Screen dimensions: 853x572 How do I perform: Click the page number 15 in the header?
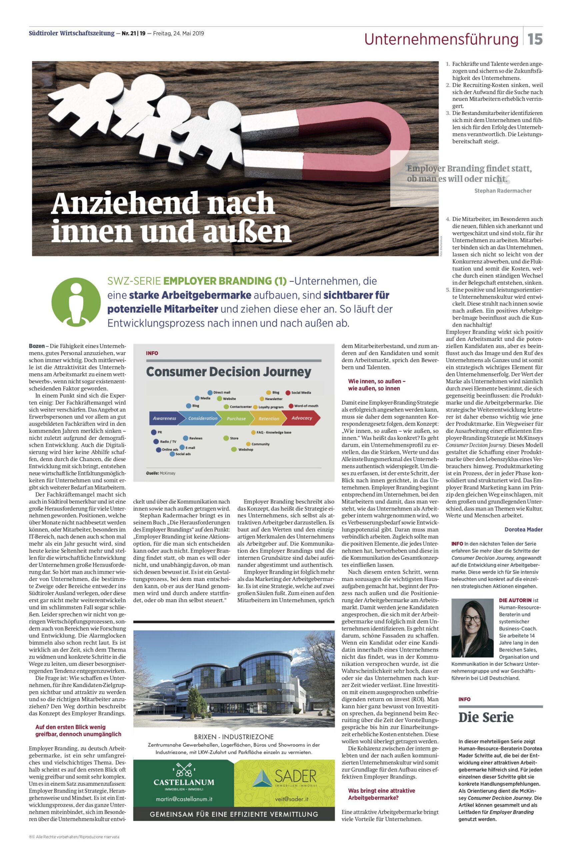point(535,39)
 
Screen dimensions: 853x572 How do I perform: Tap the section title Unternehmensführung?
point(441,39)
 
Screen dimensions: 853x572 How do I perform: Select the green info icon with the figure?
point(76,302)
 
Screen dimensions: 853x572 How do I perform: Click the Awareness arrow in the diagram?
point(165,418)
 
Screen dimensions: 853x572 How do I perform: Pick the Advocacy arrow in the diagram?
point(302,418)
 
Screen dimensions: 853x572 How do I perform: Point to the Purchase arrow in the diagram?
point(236,418)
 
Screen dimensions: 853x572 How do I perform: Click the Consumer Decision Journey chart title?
point(228,372)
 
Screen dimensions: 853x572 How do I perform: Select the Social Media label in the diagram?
point(301,393)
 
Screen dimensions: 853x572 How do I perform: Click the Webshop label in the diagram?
point(246,449)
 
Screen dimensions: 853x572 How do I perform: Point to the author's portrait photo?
point(472,628)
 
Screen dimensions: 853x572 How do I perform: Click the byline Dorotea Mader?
point(523,529)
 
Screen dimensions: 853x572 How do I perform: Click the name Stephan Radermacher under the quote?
point(503,191)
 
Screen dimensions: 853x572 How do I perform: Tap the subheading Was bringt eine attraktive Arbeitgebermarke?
point(381,794)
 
